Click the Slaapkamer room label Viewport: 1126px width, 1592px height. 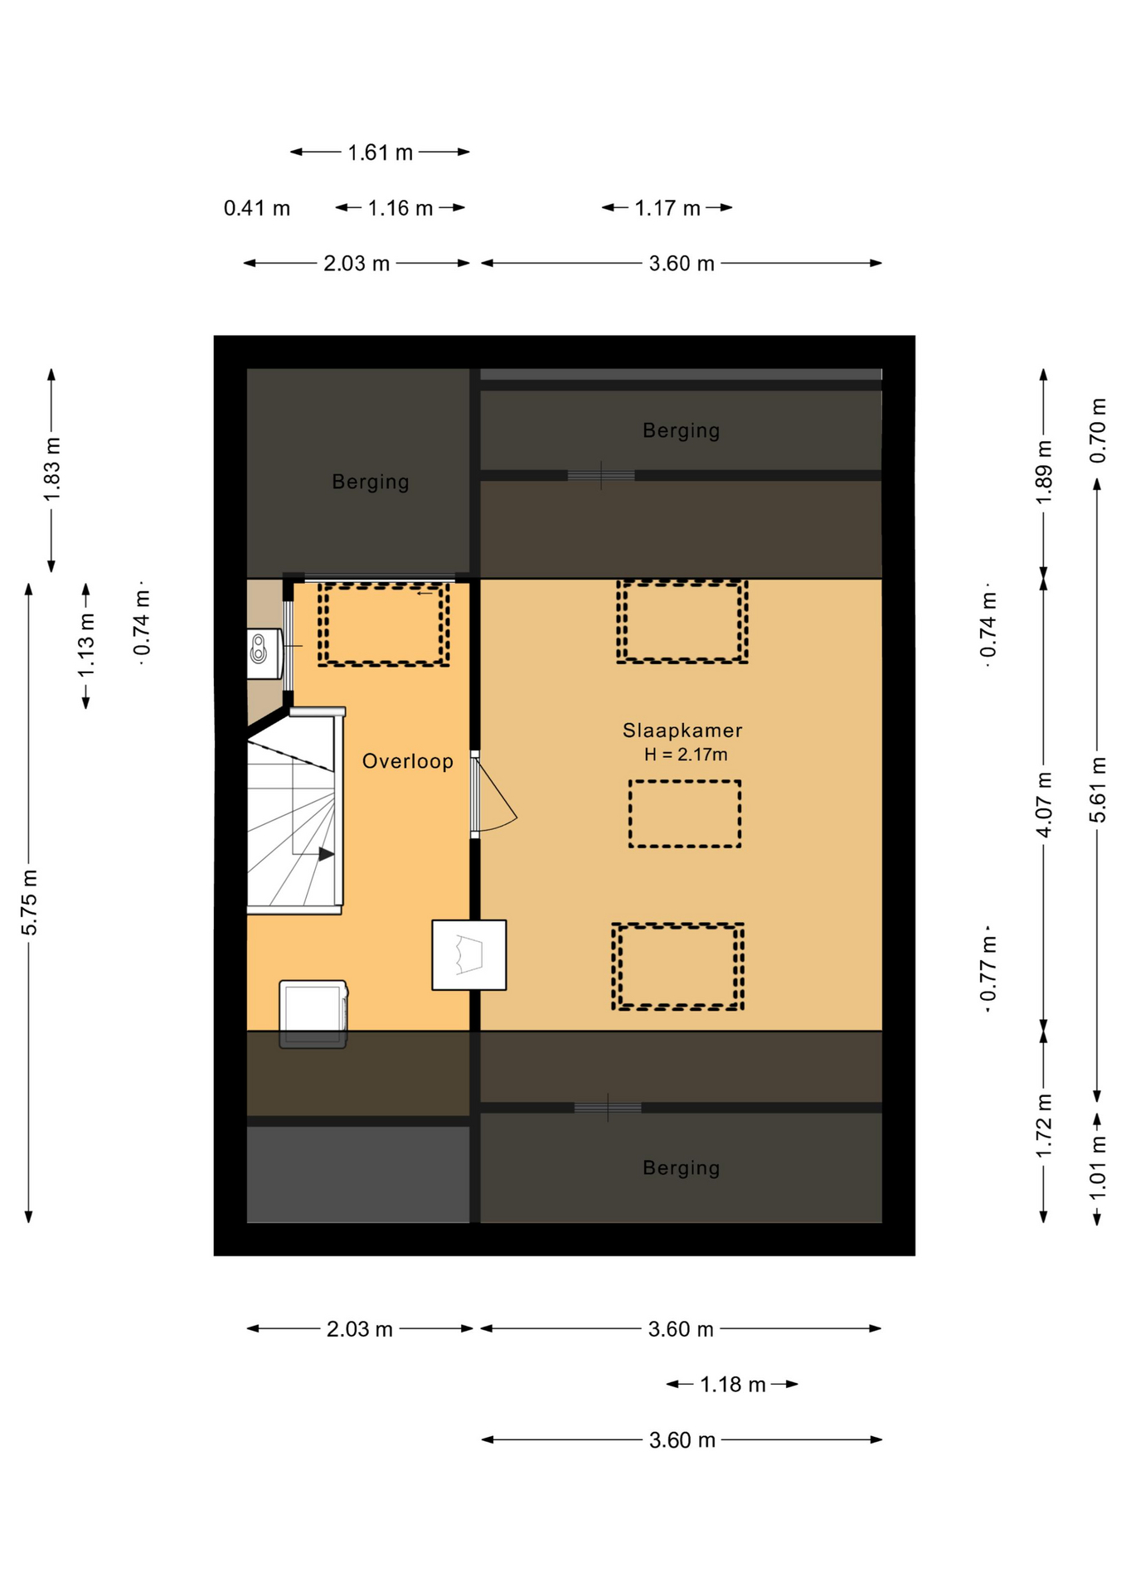click(682, 730)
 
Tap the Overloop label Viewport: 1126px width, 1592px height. click(408, 761)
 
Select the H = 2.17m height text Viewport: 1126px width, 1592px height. click(686, 755)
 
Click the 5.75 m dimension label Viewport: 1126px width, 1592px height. click(30, 902)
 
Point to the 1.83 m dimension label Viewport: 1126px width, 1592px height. click(52, 468)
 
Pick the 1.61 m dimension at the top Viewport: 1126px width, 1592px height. click(380, 153)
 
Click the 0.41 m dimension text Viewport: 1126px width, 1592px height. click(257, 208)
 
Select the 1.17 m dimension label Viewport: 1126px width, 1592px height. click(667, 208)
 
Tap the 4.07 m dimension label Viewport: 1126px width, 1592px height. click(1044, 804)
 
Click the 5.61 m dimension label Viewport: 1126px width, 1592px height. click(1098, 789)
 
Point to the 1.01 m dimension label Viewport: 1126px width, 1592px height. click(1098, 1168)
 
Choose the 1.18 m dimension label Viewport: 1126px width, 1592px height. click(733, 1385)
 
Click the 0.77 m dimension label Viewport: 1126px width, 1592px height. click(988, 969)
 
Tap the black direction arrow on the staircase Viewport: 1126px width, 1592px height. click(327, 854)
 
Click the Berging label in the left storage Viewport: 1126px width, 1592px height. click(371, 482)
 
